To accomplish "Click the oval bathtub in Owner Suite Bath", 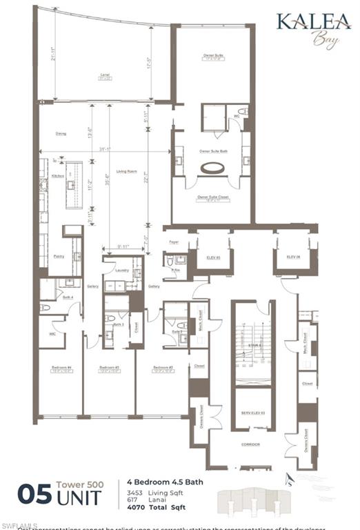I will pyautogui.click(x=212, y=168).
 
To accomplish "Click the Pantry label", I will pyautogui.click(x=59, y=255).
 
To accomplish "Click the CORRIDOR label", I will pyautogui.click(x=251, y=445).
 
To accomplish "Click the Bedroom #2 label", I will pyautogui.click(x=163, y=367).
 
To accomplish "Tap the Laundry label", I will pyautogui.click(x=123, y=270).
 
